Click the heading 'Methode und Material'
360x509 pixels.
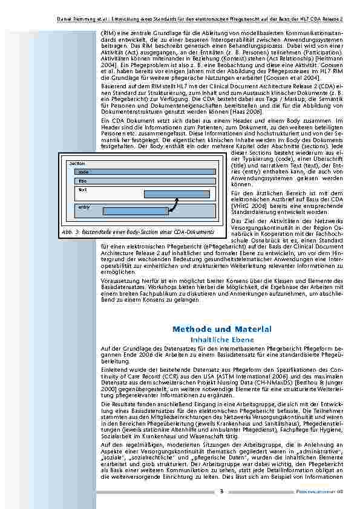[221, 329]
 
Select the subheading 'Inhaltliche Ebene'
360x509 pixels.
[221, 340]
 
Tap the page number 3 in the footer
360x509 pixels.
[221, 491]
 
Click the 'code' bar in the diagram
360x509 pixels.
[145, 172]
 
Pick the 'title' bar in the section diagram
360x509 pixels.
[145, 181]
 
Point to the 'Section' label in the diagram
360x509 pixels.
[77, 164]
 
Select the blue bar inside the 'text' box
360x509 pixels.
[180, 194]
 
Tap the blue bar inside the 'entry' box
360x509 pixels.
[135, 211]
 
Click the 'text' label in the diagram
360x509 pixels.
[82, 189]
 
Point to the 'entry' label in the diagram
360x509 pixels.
[83, 207]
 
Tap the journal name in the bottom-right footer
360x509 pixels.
[324, 491]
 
